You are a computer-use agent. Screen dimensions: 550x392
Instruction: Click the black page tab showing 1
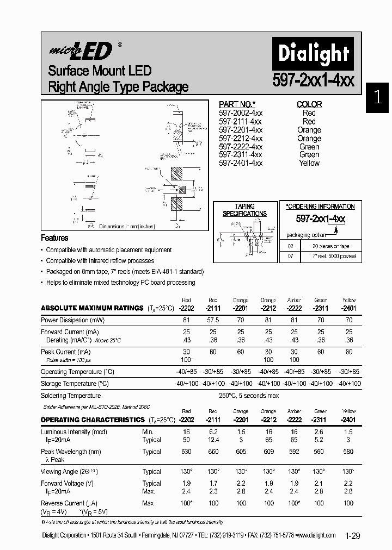coord(378,98)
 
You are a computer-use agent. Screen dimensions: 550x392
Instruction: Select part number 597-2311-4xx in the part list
coord(240,155)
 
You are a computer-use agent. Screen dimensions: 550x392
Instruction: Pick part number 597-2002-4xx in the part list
coord(240,113)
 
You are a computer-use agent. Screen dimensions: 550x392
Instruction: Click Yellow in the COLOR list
coord(309,163)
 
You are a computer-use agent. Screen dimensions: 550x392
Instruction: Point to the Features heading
coord(54,238)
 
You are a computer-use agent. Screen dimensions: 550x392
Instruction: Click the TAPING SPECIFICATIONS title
coord(244,210)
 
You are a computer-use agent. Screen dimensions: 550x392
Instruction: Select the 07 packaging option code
coord(290,255)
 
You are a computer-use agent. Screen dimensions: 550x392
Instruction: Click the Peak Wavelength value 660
coord(213,452)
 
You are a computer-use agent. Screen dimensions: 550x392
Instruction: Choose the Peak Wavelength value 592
coord(294,452)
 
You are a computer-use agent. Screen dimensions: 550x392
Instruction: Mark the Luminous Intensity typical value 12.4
coord(213,440)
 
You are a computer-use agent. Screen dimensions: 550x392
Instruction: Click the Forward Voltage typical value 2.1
coord(321,483)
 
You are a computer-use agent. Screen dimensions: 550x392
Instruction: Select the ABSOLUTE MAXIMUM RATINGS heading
coord(92,308)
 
